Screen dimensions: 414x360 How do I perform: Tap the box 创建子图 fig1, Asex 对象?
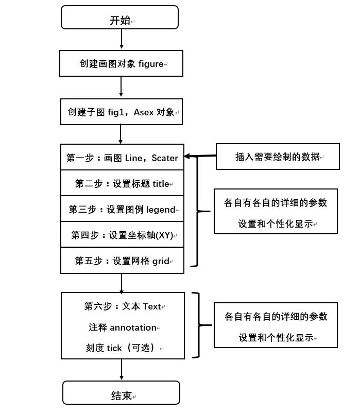[x=121, y=112]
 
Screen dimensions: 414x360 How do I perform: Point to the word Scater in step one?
[x=165, y=158]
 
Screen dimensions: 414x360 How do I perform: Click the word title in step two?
[x=161, y=184]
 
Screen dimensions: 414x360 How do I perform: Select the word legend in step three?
[x=161, y=210]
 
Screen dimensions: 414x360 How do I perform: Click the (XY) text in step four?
[x=165, y=235]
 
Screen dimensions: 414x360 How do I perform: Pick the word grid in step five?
[x=161, y=261]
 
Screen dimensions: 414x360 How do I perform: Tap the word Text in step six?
[x=152, y=306]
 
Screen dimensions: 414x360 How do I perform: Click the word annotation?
[x=133, y=327]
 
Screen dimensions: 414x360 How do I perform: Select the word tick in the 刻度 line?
[x=114, y=348]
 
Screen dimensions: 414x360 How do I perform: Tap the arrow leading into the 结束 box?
[x=122, y=370]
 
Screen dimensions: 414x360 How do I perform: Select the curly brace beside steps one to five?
[x=197, y=211]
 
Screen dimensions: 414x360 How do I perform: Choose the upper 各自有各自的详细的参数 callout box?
[x=276, y=212]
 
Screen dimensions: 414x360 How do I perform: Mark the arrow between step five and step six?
[x=122, y=283]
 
